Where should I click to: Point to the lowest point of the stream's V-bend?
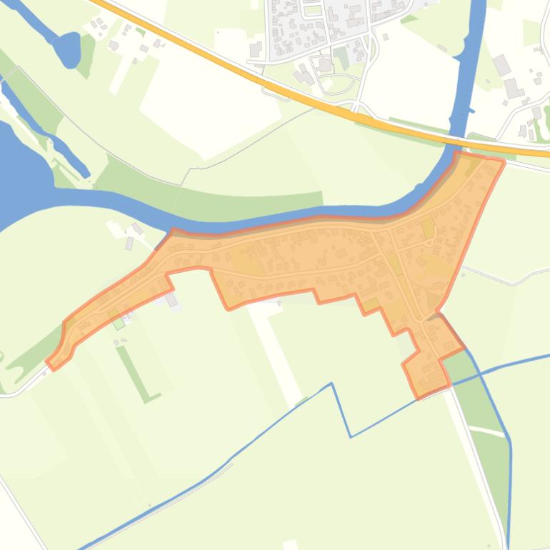[351, 436]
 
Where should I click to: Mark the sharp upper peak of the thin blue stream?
[331, 384]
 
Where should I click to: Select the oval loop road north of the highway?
[336, 83]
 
